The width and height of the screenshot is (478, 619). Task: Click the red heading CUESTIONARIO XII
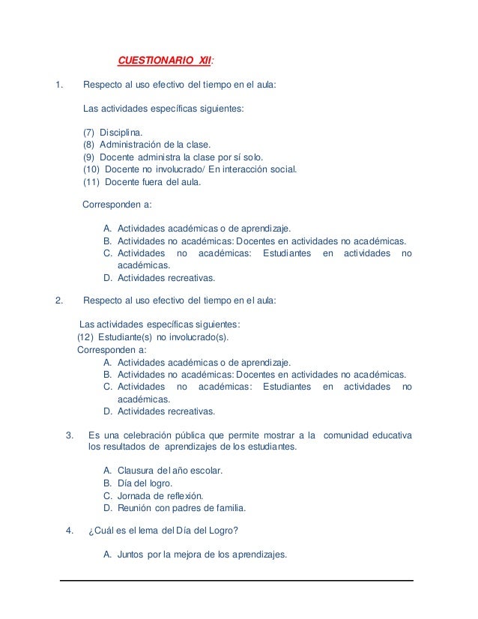point(165,61)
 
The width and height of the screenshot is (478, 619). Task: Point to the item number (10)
point(91,169)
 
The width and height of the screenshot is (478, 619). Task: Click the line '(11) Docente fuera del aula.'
point(142,181)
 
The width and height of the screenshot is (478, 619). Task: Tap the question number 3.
point(70,435)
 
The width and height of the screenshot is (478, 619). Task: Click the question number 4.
point(70,532)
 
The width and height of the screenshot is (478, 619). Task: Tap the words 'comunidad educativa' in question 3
point(368,435)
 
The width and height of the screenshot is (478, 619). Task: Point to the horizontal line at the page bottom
point(236,580)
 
